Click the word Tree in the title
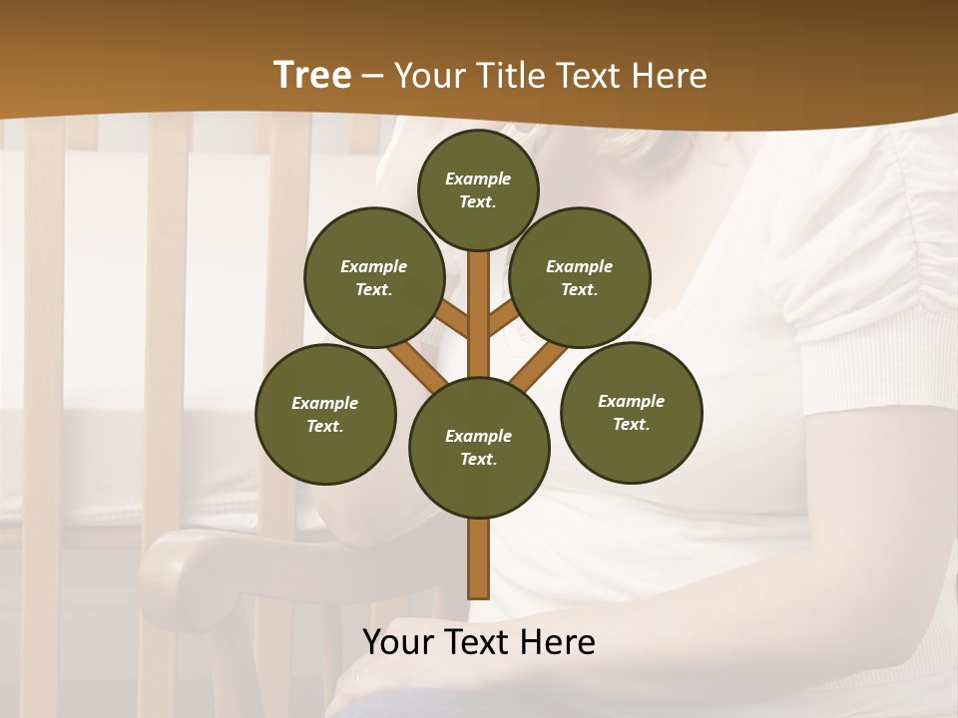312,75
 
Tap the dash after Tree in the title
373,77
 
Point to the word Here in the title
669,76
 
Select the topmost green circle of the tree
478,189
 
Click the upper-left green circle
373,277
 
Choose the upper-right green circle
580,277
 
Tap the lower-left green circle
325,414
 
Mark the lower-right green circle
631,412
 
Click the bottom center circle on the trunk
479,447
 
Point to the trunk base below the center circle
479,558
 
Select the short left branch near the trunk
452,319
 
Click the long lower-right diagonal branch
539,366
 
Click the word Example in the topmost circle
478,179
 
